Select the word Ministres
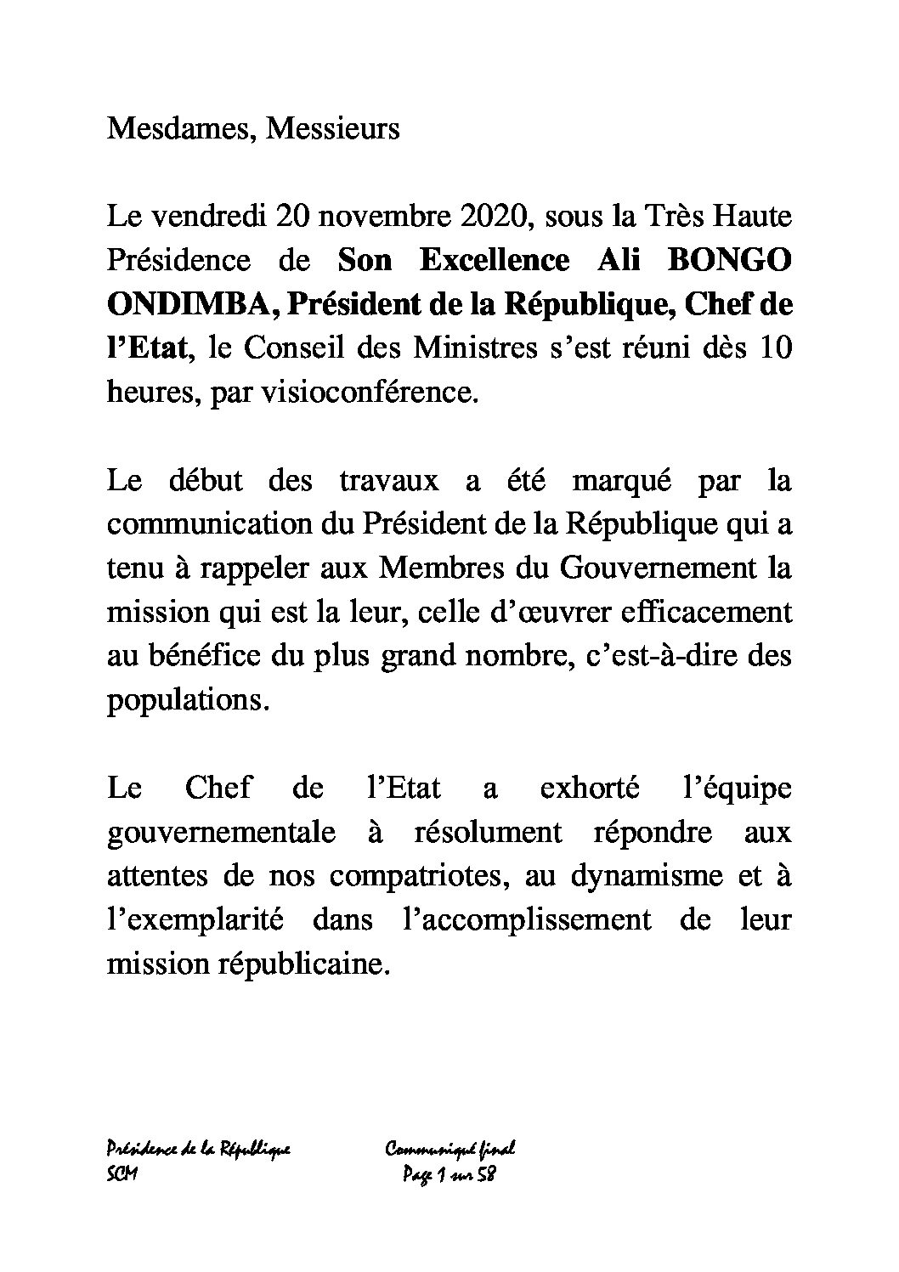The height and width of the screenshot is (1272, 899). coord(476,348)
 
